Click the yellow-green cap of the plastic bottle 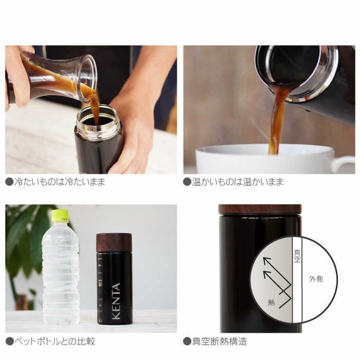(60, 215)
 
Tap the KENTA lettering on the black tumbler (116, 301)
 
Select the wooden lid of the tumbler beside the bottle (114, 242)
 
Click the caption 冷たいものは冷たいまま (59, 182)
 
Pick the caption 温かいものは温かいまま (237, 182)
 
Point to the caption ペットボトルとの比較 (54, 341)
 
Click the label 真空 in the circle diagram (297, 256)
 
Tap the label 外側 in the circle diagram (316, 280)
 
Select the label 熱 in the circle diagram (271, 303)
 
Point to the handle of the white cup (344, 164)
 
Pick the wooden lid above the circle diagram (260, 209)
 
